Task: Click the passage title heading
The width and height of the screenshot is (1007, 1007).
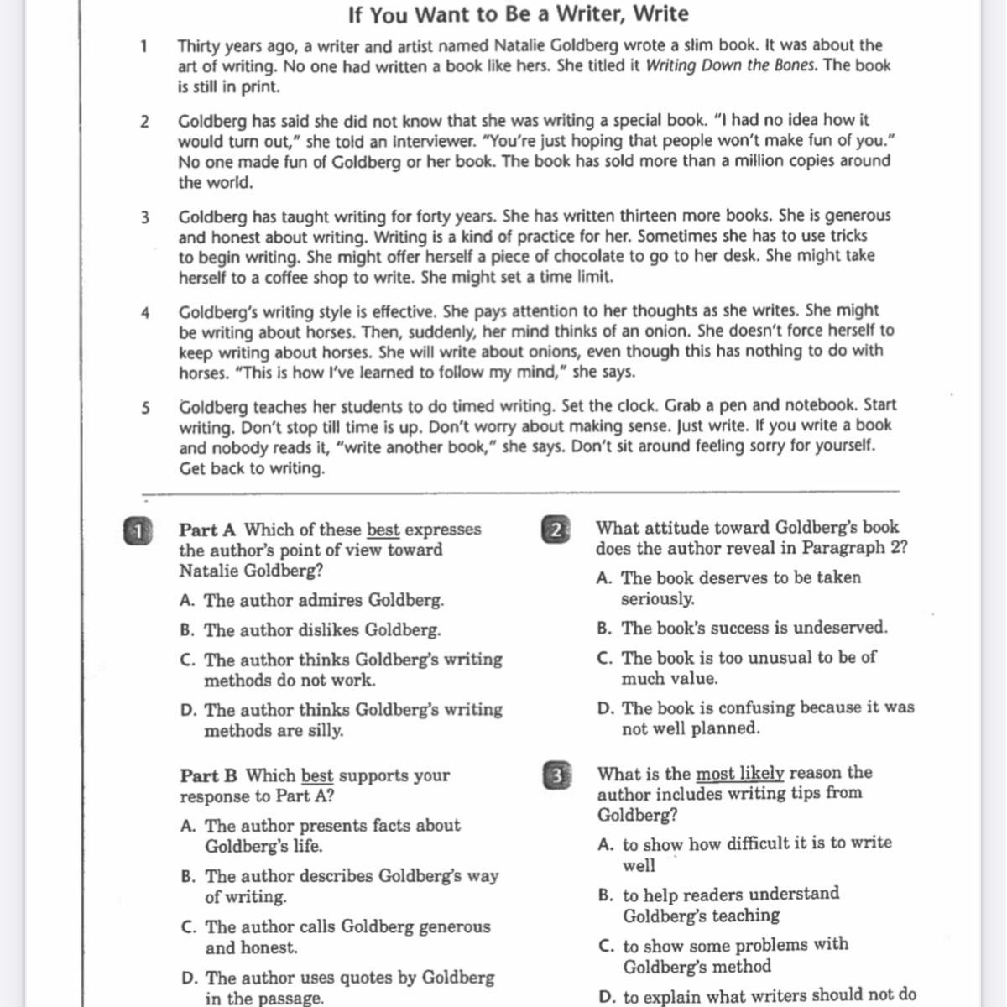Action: [518, 14]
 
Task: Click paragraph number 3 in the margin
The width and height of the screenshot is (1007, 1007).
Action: [145, 217]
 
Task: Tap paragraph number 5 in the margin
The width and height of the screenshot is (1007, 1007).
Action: [146, 408]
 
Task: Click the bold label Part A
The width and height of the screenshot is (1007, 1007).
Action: [207, 530]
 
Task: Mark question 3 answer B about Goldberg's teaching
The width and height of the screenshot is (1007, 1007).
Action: [730, 904]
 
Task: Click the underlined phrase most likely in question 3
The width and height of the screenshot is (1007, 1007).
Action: [739, 773]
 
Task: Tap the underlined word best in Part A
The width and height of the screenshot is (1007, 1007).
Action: [383, 530]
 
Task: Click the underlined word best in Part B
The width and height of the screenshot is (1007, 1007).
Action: [317, 775]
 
